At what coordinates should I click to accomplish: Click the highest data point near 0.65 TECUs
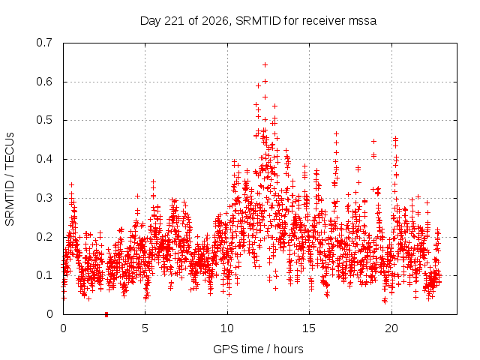pos(265,65)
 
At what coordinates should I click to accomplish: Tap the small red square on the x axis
pos(106,314)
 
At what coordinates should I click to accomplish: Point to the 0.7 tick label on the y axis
pos(44,43)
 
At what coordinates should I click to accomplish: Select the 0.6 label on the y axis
pos(44,82)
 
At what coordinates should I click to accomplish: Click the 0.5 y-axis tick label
pos(44,120)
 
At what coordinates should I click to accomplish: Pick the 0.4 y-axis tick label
pos(44,159)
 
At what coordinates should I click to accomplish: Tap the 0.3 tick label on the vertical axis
pos(44,198)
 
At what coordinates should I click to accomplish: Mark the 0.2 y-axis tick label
pos(44,237)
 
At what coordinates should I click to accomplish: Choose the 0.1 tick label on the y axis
pos(44,275)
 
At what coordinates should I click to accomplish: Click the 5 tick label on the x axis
pos(145,328)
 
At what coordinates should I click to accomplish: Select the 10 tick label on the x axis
pos(227,328)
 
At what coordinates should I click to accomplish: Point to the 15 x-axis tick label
pos(309,328)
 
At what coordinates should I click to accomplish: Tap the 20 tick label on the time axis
pos(391,328)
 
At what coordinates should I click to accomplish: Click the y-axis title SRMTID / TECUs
pos(10,179)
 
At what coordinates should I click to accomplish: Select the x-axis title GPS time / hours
pos(258,349)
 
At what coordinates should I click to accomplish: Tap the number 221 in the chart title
pos(175,21)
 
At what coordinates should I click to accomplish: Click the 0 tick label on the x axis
pos(63,328)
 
